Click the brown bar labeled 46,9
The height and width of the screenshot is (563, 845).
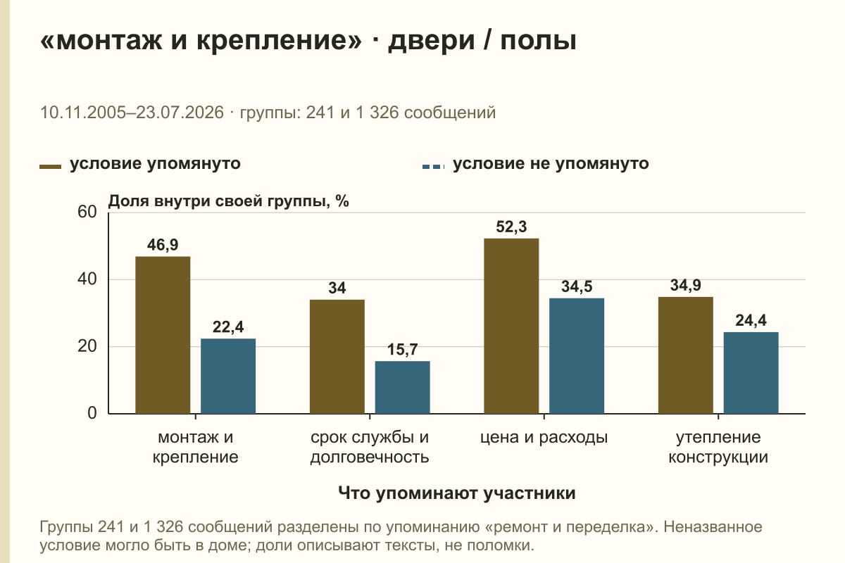[163, 335]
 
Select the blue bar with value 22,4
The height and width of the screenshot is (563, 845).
[228, 376]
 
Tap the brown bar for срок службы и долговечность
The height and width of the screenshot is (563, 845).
[337, 357]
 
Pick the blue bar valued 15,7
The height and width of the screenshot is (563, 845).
[402, 387]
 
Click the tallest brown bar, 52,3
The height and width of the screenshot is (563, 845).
[511, 326]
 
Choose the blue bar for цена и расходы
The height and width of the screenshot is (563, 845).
[577, 356]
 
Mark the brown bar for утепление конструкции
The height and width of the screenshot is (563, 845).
[685, 355]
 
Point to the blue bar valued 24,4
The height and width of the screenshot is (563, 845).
[751, 373]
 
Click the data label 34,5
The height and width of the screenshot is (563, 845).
[577, 286]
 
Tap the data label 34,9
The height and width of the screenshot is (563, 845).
[685, 285]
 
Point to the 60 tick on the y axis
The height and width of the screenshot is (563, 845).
[87, 212]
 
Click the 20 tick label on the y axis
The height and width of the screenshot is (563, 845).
[87, 346]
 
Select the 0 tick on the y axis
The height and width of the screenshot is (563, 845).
[92, 413]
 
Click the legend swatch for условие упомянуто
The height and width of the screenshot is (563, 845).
[50, 167]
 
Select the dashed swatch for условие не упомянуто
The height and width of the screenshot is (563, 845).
[433, 167]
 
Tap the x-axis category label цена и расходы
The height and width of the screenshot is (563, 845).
[544, 438]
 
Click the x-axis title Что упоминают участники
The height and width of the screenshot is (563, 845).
[456, 493]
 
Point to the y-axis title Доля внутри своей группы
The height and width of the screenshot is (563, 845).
[217, 201]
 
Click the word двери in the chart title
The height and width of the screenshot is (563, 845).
[431, 40]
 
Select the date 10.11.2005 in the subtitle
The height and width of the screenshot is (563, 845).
[82, 113]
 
